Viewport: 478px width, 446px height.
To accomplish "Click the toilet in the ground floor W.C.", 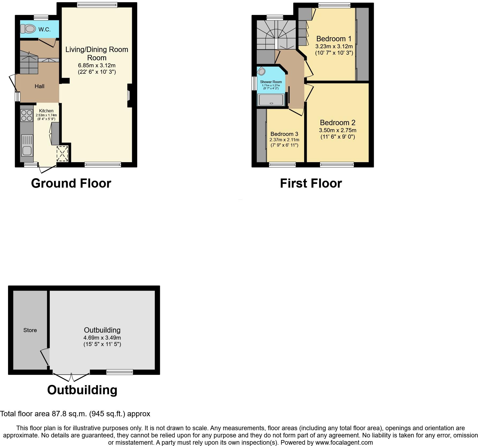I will [28, 28].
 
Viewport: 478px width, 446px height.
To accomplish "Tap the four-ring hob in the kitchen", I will [27, 116].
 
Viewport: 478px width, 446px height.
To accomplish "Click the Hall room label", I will [39, 86].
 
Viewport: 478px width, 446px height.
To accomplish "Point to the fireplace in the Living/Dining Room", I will [129, 95].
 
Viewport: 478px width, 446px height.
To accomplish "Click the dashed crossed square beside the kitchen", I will [62, 154].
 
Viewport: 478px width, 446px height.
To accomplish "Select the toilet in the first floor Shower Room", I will [262, 71].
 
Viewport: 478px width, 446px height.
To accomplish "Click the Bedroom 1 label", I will [334, 39].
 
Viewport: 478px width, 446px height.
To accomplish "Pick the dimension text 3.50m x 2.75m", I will [338, 131].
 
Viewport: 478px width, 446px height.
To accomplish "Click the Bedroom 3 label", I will [284, 134].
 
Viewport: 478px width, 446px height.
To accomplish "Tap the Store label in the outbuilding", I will [30, 330].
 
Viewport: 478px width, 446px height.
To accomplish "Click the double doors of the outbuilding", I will [71, 377].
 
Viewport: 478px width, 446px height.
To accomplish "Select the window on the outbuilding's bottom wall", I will [119, 372].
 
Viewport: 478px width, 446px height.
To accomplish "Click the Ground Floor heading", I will [71, 184].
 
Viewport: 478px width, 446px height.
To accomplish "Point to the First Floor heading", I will [311, 184].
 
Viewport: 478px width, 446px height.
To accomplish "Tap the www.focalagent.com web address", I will [344, 443].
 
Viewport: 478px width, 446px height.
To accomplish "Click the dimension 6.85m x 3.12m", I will [97, 65].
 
